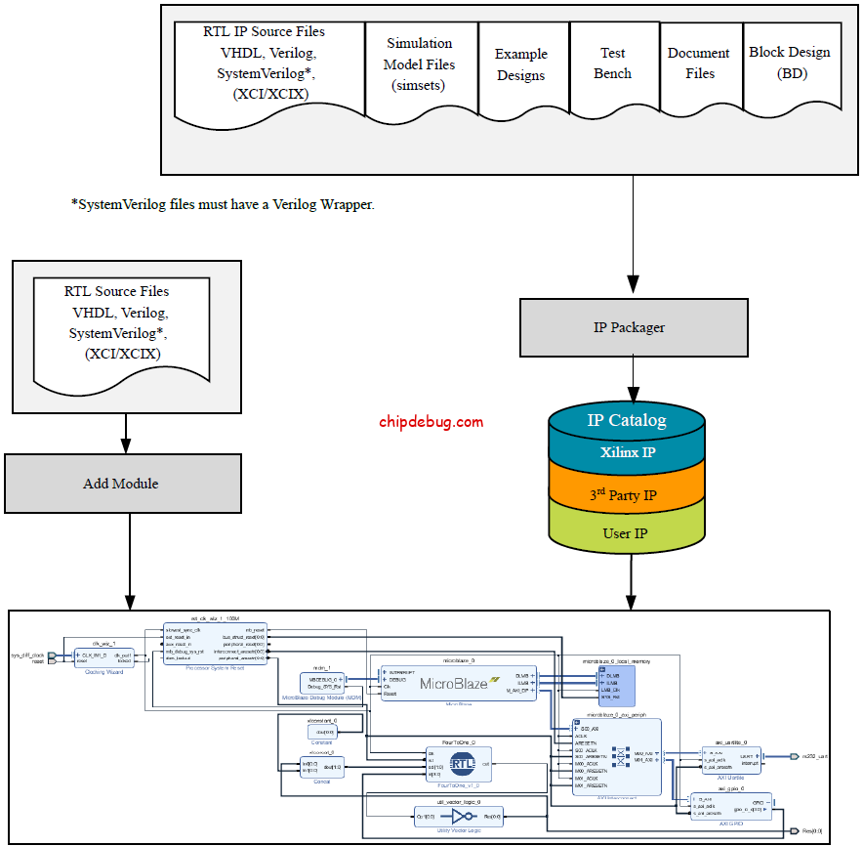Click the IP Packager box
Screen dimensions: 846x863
[x=630, y=327]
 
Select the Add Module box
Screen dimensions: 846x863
[x=122, y=484]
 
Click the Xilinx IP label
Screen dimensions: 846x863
[x=627, y=453]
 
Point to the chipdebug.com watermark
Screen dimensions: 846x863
[x=431, y=422]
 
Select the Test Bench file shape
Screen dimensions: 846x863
[x=612, y=63]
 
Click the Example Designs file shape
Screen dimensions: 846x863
[x=520, y=65]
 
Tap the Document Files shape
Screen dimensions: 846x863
[x=698, y=63]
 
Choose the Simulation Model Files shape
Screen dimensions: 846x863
[x=420, y=64]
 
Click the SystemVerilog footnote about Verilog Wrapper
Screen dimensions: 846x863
[x=223, y=205]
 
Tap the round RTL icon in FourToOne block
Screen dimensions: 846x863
[x=461, y=765]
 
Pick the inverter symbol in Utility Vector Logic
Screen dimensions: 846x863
[x=458, y=815]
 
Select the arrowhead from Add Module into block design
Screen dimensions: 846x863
[x=130, y=602]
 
